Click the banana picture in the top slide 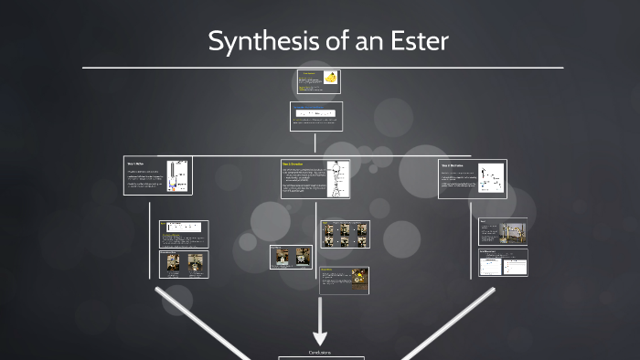pyautogui.click(x=330, y=79)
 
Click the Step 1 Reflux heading pyautogui.click(x=135, y=164)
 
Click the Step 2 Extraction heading pyautogui.click(x=293, y=164)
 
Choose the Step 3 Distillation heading pyautogui.click(x=451, y=165)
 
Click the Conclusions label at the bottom pyautogui.click(x=320, y=352)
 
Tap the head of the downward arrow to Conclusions pyautogui.click(x=320, y=336)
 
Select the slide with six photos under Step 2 pyautogui.click(x=345, y=234)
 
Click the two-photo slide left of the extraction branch pyautogui.click(x=291, y=257)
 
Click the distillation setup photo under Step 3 pyautogui.click(x=512, y=231)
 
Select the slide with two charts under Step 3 pyautogui.click(x=503, y=263)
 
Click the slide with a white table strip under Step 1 pyautogui.click(x=184, y=234)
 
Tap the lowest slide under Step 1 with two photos pyautogui.click(x=184, y=264)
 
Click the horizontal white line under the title pyautogui.click(x=320, y=68)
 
